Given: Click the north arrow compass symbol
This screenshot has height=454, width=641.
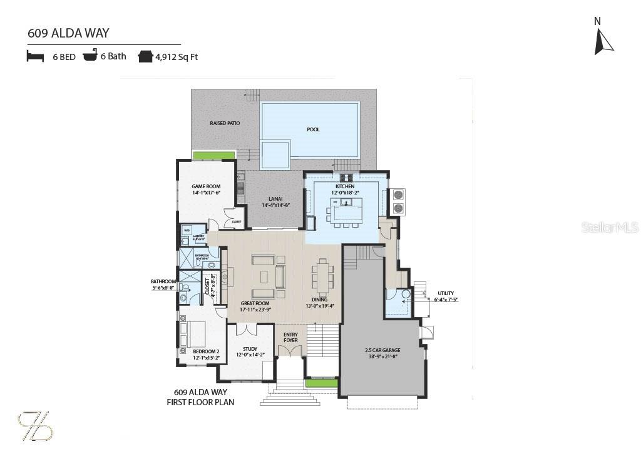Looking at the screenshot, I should (x=603, y=40).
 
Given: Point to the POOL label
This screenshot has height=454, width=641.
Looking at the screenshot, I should (x=313, y=129).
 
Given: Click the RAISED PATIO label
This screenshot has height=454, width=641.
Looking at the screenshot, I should (x=225, y=123).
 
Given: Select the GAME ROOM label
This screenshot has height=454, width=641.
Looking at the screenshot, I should (x=206, y=186).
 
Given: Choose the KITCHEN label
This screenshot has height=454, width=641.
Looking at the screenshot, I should (x=345, y=186).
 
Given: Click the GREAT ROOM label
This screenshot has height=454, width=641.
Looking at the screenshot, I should (x=255, y=303).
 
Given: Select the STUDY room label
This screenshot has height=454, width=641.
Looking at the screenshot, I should (x=250, y=349).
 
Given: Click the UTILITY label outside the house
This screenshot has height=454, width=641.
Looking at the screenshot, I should (x=446, y=293).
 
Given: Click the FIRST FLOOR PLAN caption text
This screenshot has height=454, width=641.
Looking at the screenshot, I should (x=200, y=402).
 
